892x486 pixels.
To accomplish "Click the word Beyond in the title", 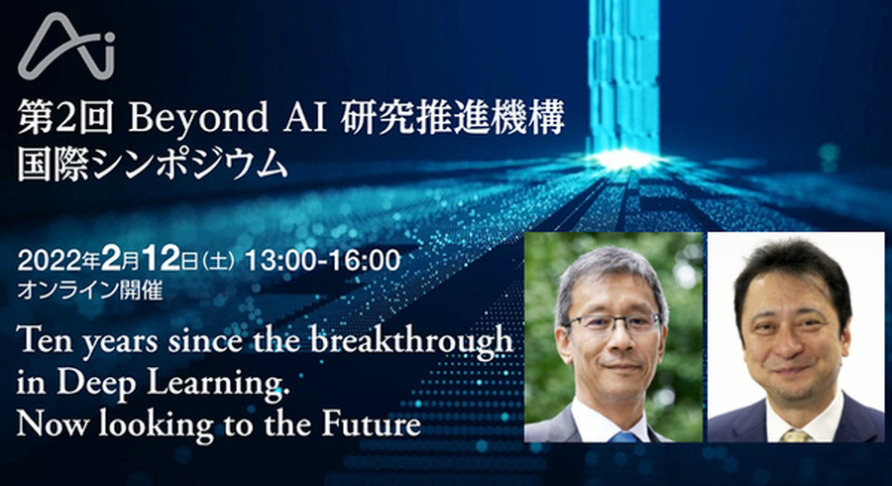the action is click(198, 119).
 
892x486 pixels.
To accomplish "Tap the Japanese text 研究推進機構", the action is click(453, 118).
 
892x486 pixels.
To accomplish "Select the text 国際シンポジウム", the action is click(153, 165).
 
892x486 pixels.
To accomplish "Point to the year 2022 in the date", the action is click(49, 261).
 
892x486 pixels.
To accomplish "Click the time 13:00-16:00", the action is click(322, 261).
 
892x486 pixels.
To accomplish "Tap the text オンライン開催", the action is click(90, 291).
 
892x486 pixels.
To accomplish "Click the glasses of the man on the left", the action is click(613, 323).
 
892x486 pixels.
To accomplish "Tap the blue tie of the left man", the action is click(623, 437).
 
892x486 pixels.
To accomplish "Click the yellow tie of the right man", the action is click(796, 436).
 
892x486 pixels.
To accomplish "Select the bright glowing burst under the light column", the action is click(623, 159).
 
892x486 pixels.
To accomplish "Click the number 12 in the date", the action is click(161, 260).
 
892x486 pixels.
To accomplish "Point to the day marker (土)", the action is click(218, 263).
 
